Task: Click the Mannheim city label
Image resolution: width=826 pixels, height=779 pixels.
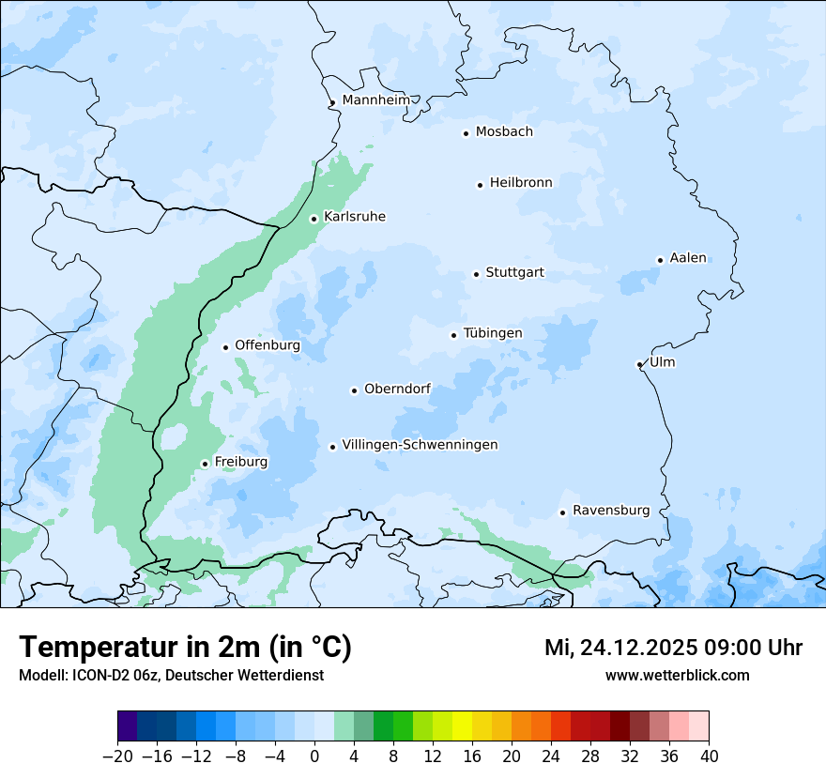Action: pos(375,100)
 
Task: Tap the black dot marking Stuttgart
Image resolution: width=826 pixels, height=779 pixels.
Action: pos(476,274)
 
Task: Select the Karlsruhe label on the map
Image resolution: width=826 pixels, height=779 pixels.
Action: pos(354,217)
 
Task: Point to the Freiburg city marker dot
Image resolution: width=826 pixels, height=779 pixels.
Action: pos(205,464)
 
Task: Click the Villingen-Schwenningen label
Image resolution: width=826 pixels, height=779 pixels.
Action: pos(420,445)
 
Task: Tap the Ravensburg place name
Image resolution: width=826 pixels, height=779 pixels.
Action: pos(610,511)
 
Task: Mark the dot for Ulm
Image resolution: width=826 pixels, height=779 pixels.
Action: pos(639,364)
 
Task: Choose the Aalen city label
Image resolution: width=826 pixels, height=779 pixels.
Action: pos(688,258)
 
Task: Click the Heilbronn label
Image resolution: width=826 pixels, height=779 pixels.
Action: pos(521,183)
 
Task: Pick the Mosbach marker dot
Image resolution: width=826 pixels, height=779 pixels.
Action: pos(466,133)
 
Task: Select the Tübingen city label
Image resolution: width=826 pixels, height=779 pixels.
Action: pos(493,333)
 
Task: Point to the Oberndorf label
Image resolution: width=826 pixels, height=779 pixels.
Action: pos(398,389)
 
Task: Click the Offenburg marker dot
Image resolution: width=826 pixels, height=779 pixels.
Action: pos(225,347)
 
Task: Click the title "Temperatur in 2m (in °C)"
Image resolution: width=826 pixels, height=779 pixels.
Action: pos(185,648)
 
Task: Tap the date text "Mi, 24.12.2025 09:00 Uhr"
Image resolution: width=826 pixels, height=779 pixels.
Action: pos(673,648)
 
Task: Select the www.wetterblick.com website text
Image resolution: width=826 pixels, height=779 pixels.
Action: pos(677,675)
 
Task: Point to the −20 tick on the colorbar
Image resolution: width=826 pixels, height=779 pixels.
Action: pos(118,756)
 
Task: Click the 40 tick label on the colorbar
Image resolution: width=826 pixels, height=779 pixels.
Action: pos(709,756)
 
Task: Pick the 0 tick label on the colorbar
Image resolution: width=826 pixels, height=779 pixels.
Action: pos(314,756)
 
